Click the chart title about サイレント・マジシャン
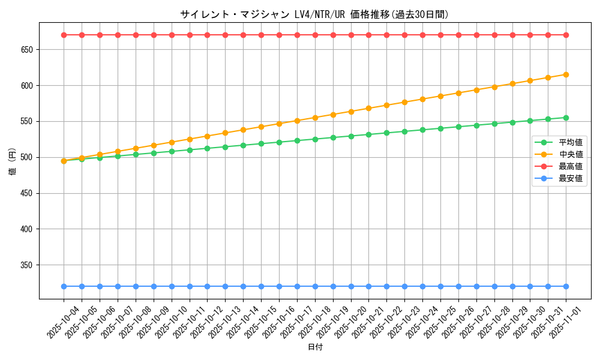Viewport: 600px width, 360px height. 314,14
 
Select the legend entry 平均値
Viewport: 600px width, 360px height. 571,143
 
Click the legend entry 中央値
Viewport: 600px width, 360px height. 571,155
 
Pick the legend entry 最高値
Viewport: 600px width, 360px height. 571,166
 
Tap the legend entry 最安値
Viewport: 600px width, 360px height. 571,178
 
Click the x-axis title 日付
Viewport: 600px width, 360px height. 315,347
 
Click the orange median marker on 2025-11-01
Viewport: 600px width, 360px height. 566,74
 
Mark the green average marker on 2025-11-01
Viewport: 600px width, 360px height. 566,118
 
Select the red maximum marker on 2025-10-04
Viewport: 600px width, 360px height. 64,35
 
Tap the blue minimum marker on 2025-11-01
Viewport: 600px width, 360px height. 566,286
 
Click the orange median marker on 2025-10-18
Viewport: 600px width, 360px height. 315,118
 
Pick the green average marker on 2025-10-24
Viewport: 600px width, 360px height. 422,130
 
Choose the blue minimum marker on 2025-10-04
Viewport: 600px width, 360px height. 64,286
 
